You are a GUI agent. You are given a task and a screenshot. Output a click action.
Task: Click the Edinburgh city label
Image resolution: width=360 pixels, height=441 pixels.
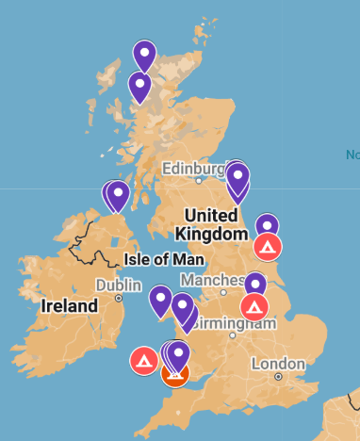click(x=193, y=168)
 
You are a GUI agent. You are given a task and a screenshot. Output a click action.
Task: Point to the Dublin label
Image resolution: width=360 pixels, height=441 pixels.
click(x=118, y=285)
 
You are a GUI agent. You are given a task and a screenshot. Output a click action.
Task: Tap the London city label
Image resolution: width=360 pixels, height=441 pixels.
click(x=278, y=364)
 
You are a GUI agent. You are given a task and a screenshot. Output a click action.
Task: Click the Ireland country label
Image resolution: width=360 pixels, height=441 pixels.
click(x=70, y=306)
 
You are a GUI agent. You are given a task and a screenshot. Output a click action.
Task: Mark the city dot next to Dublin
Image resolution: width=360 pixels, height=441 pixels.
click(x=119, y=298)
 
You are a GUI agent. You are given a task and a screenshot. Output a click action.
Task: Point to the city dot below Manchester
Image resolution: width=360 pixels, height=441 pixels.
click(x=222, y=293)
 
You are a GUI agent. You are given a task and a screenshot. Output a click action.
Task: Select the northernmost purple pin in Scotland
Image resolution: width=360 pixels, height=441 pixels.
click(x=144, y=56)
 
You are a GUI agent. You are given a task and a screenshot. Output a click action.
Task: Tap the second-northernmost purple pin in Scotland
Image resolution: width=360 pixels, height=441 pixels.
click(x=140, y=87)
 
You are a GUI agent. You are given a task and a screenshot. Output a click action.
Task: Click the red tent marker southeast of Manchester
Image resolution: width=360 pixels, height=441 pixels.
click(x=254, y=306)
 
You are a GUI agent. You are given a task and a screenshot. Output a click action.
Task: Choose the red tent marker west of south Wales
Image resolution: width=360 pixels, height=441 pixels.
click(x=144, y=361)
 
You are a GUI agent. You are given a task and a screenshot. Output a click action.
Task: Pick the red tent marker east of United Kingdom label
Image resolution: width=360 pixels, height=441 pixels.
click(x=269, y=247)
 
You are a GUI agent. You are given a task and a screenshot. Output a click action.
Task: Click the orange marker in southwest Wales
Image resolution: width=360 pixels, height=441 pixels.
click(x=175, y=376)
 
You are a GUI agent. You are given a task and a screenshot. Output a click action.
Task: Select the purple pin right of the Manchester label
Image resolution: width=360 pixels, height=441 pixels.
click(x=255, y=283)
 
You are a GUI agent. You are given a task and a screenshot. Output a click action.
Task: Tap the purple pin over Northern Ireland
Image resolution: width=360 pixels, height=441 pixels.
click(x=118, y=196)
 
